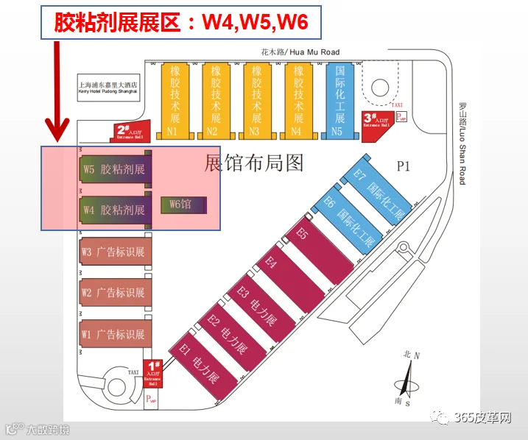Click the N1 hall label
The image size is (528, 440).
click(x=172, y=132)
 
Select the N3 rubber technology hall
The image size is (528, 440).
click(x=256, y=99)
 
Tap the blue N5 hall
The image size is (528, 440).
click(x=339, y=99)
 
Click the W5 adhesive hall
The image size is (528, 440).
click(x=115, y=169)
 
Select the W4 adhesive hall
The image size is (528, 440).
click(x=115, y=210)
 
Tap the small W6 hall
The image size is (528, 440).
click(x=183, y=205)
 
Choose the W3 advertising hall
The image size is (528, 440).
click(x=115, y=252)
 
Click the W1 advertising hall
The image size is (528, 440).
click(x=115, y=334)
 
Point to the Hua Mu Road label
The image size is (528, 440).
click(x=300, y=52)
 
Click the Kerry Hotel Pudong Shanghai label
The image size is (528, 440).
click(x=109, y=89)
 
